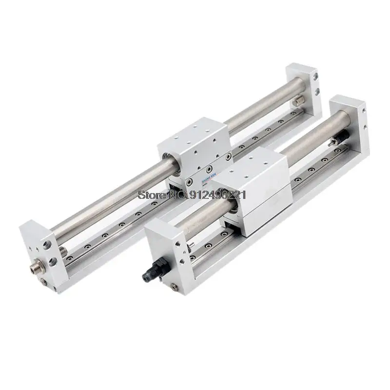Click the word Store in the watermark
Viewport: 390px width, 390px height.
click(x=149, y=195)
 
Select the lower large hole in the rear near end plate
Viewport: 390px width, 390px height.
click(x=52, y=262)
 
